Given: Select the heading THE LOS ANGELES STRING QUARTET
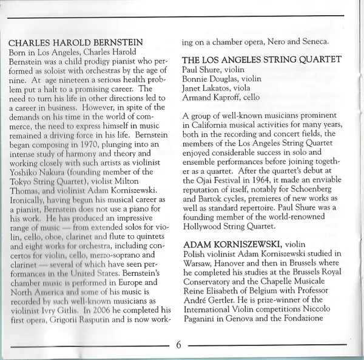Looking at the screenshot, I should coord(261,59).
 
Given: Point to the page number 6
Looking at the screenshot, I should coord(179,345).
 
